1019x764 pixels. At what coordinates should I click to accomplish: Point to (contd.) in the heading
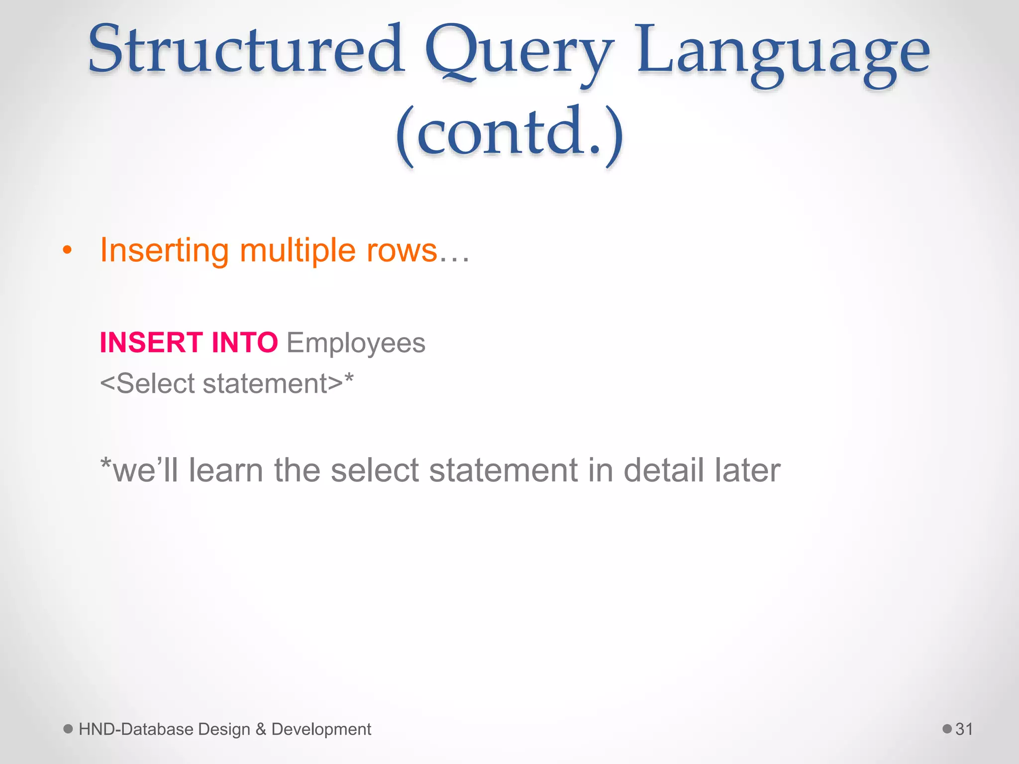coord(509,133)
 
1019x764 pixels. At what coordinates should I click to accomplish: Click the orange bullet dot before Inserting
coord(67,250)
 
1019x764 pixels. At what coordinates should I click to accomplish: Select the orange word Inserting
coord(164,250)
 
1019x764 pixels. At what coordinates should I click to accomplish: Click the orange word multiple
coord(298,250)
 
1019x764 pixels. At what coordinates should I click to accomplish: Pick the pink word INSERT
coord(151,343)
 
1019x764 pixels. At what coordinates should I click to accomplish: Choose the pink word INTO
coord(244,343)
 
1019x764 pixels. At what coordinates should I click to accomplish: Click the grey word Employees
coord(356,343)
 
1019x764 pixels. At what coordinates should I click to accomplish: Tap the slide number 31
coord(964,729)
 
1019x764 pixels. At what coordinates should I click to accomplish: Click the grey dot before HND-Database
coord(68,729)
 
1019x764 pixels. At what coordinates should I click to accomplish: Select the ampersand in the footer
coord(261,729)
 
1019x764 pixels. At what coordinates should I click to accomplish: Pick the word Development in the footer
coord(321,729)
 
